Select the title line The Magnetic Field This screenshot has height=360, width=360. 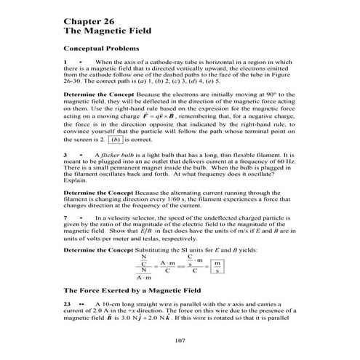click(107, 33)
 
